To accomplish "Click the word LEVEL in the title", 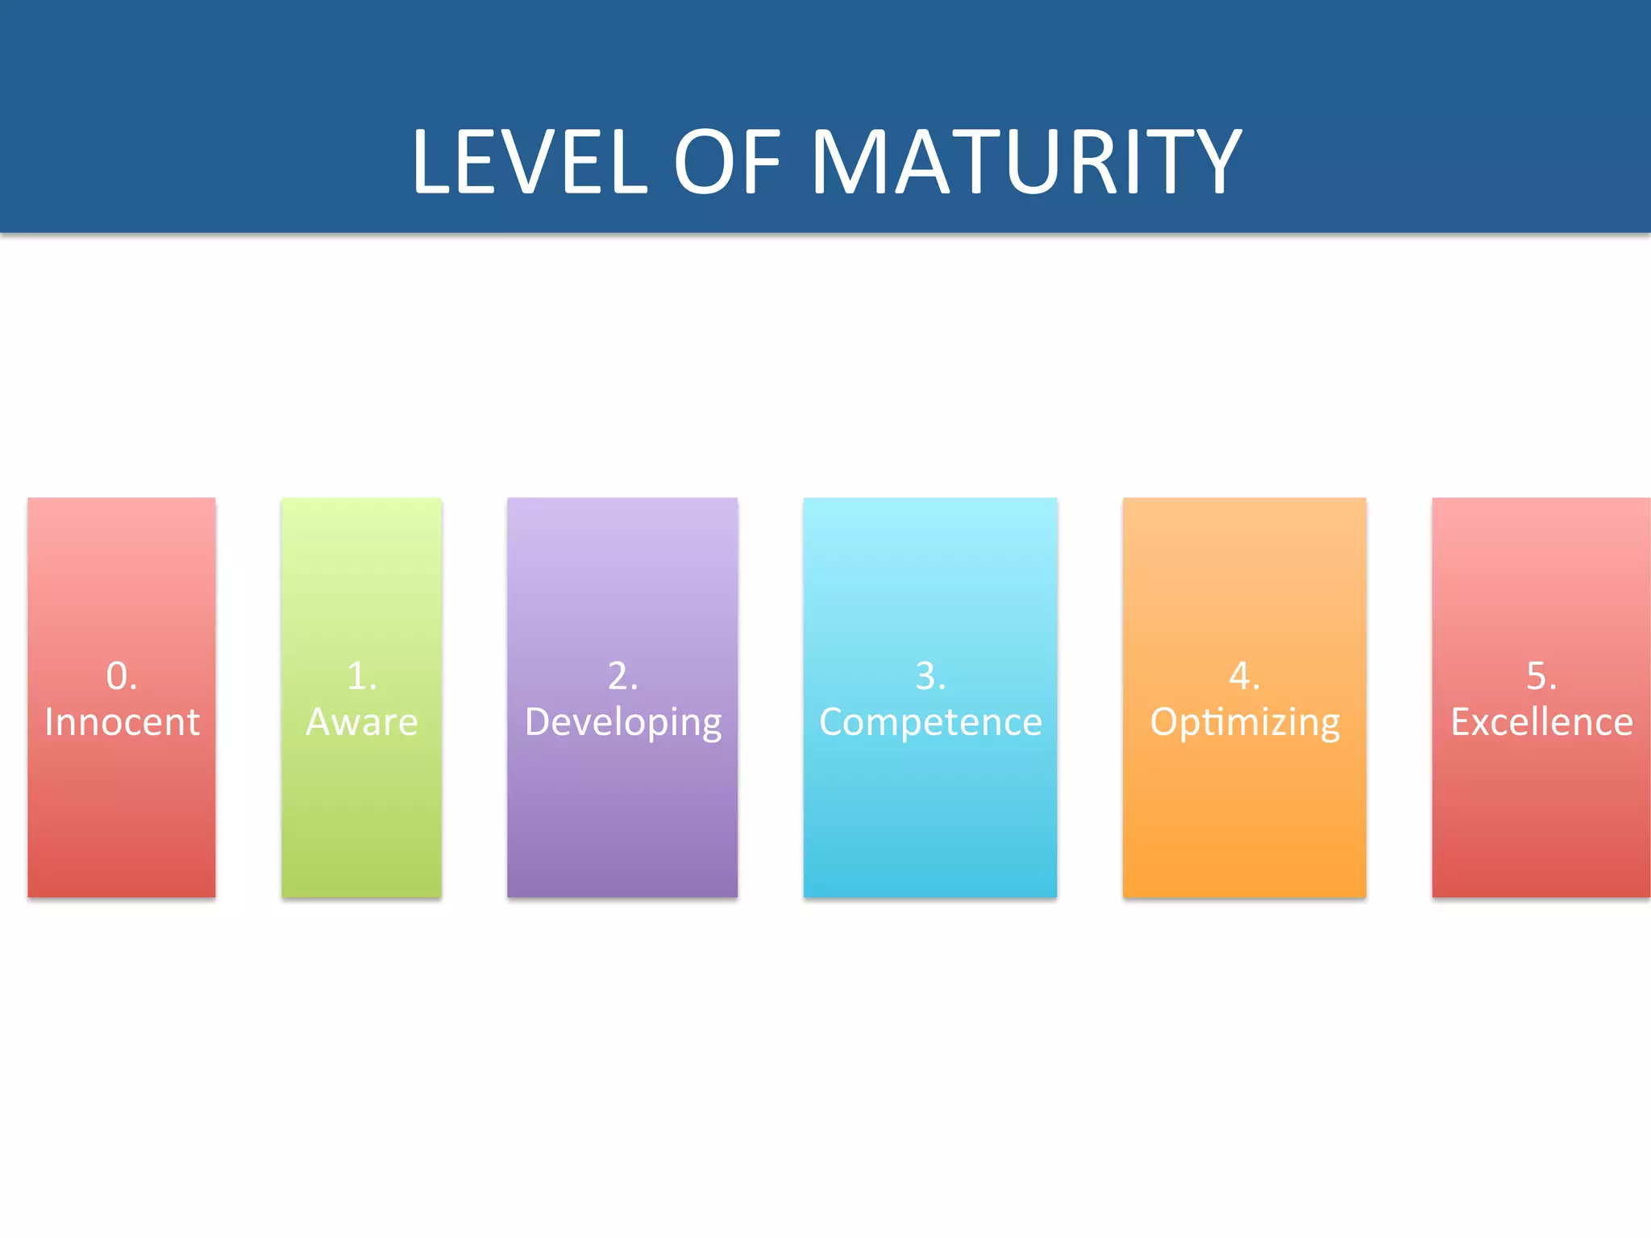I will click(530, 163).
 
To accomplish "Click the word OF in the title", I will click(727, 163).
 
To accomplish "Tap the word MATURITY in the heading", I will click(1025, 163).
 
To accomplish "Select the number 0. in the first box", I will click(122, 675).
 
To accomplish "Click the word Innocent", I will click(122, 721).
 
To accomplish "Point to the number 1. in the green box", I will click(361, 675).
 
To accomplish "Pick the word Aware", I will click(361, 721).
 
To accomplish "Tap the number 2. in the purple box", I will click(622, 675).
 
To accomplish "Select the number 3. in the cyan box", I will click(930, 675).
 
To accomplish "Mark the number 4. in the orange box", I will click(1244, 675).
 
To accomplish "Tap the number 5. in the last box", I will click(1541, 675).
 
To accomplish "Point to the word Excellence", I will click(1541, 721).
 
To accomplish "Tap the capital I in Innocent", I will click(49, 721).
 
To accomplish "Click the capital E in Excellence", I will click(1462, 721).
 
